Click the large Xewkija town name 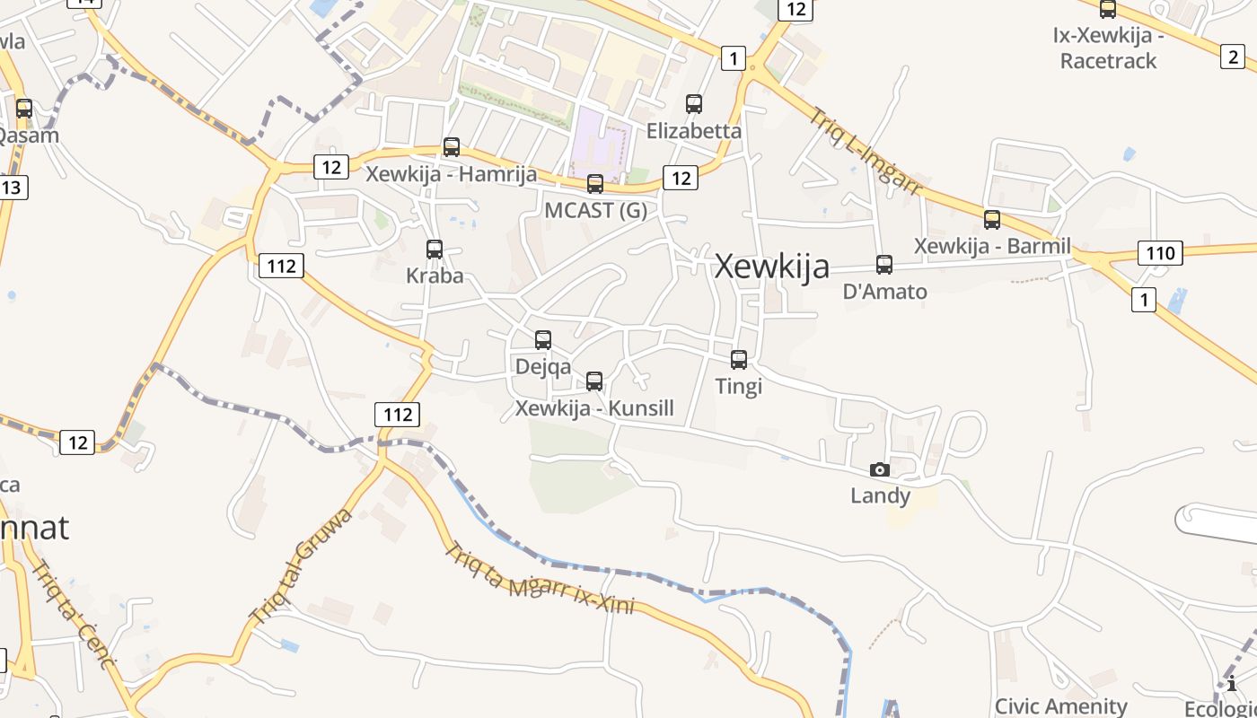click(x=771, y=267)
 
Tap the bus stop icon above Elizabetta click(x=694, y=104)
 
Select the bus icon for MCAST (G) click(x=595, y=184)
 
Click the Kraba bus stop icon click(x=435, y=250)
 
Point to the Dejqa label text click(x=542, y=366)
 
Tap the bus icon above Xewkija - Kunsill click(x=594, y=381)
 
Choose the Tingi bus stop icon click(x=739, y=360)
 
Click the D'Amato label click(x=884, y=292)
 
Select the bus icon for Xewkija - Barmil click(x=992, y=220)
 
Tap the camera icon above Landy click(x=880, y=469)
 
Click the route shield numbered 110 click(x=1160, y=253)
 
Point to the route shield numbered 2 click(x=1233, y=57)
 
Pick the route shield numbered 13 click(x=13, y=188)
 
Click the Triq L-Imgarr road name click(x=866, y=153)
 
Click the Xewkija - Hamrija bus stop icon click(x=452, y=147)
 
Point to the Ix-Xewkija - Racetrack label click(x=1108, y=49)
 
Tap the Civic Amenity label click(x=1060, y=706)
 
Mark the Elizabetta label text click(x=694, y=131)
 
